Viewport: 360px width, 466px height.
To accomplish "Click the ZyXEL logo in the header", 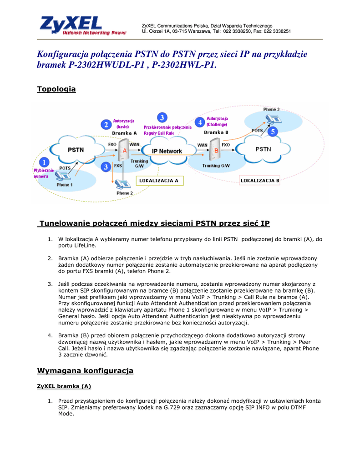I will click(82, 26).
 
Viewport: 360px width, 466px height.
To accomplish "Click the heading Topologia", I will click(56, 89).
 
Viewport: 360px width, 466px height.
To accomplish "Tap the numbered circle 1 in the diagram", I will click(44, 162).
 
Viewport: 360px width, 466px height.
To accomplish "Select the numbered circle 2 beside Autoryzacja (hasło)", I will click(106, 125).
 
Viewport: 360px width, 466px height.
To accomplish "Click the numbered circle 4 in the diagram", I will click(199, 122).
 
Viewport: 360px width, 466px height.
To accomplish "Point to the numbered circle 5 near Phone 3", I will click(272, 132).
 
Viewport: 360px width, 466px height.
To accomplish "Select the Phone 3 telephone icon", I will click(274, 118).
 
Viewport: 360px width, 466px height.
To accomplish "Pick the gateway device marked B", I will click(216, 150).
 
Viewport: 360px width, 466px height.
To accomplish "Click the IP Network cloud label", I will click(167, 151).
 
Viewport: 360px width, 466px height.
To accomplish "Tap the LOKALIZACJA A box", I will click(158, 181).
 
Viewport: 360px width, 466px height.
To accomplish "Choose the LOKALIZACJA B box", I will click(259, 181).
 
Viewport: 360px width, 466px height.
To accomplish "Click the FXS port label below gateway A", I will click(118, 166).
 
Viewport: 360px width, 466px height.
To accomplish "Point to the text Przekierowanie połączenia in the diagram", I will click(167, 127).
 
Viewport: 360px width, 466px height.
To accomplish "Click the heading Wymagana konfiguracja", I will click(85, 371).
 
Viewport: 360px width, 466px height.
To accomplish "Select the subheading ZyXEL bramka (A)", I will click(64, 386).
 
